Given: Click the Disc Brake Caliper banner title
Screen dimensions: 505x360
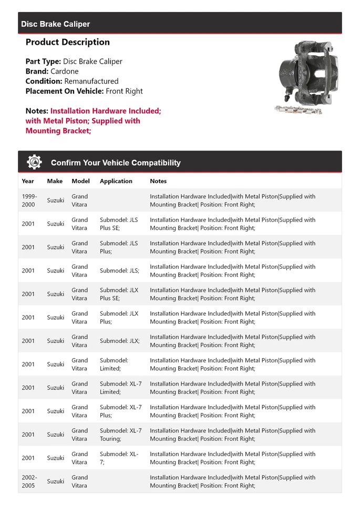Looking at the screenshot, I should point(55,24).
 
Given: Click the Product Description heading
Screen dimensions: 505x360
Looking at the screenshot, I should point(67,42).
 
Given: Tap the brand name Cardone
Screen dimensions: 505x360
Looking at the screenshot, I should point(65,71).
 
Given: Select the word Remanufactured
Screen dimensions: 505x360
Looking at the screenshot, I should point(91,81).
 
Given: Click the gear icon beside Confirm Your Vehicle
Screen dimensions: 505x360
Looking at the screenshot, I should point(34,162).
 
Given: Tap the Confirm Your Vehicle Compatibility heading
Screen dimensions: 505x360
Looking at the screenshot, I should point(116,163).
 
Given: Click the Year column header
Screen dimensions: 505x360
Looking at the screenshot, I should point(28,181).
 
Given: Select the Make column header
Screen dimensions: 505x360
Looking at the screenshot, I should point(55,181).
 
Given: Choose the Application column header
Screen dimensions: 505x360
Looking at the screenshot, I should point(116,181).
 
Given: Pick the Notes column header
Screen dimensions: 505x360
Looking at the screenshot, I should point(158,181).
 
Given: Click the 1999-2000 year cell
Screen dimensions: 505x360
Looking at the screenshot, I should point(28,200).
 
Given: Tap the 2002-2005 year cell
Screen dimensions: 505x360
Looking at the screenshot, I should point(28,481).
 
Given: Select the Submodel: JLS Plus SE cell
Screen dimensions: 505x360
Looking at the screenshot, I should point(119,224).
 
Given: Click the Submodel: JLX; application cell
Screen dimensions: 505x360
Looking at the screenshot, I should point(119,341).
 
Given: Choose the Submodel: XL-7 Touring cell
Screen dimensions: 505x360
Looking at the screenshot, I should point(120,435).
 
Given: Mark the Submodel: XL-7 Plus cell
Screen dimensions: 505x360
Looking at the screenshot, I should point(120,411).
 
